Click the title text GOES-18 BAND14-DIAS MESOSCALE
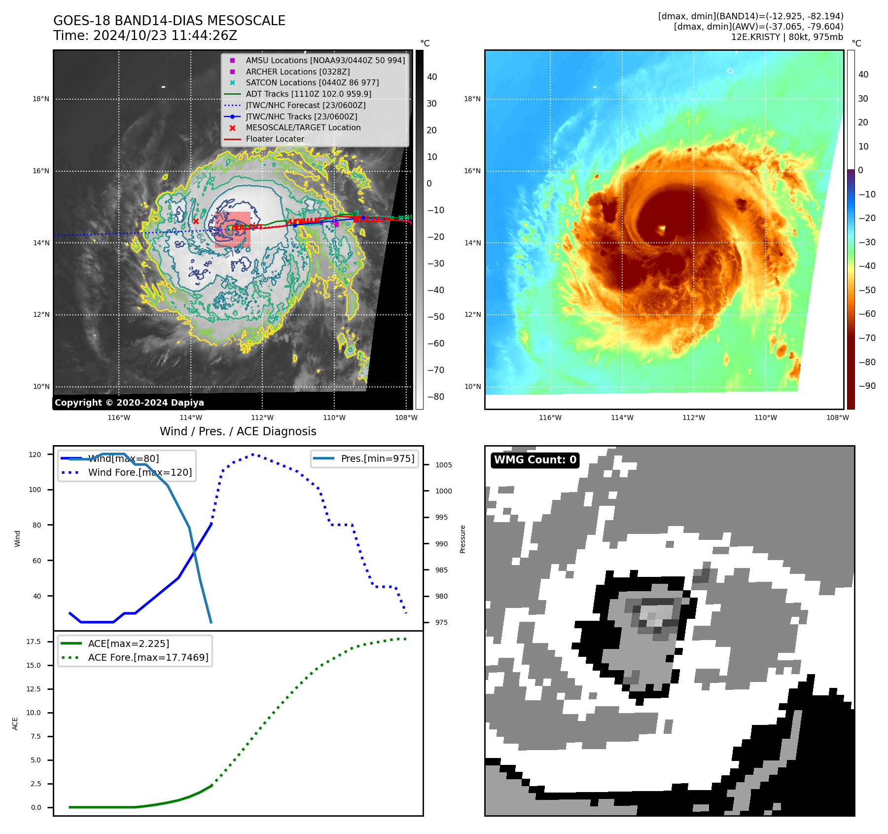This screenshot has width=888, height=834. (x=169, y=21)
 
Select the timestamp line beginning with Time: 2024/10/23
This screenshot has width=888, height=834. (x=145, y=36)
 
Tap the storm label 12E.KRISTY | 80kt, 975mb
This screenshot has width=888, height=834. (x=787, y=37)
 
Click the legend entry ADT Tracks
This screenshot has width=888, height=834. (x=308, y=94)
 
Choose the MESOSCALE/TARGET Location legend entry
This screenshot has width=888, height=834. (x=303, y=127)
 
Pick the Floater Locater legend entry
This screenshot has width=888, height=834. (x=275, y=139)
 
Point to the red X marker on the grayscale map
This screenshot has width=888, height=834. (x=196, y=222)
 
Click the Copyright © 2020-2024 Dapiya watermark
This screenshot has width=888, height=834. (x=129, y=403)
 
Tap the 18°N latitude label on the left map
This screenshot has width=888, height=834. (x=41, y=99)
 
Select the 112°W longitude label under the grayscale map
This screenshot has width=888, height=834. (x=262, y=417)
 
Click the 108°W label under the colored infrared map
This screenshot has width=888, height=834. (x=838, y=417)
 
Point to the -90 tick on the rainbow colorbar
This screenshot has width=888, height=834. (x=867, y=386)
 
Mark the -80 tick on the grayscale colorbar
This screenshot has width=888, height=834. (x=435, y=396)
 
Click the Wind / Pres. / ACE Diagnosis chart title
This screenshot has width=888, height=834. (x=238, y=431)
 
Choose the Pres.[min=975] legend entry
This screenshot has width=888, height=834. (x=377, y=458)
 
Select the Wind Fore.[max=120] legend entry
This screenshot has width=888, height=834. (x=140, y=472)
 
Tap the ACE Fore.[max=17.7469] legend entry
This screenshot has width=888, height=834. (x=148, y=657)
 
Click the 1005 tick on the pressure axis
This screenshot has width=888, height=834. (x=443, y=465)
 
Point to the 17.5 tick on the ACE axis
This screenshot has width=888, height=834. (x=34, y=642)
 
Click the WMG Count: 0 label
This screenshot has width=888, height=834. (x=535, y=460)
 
